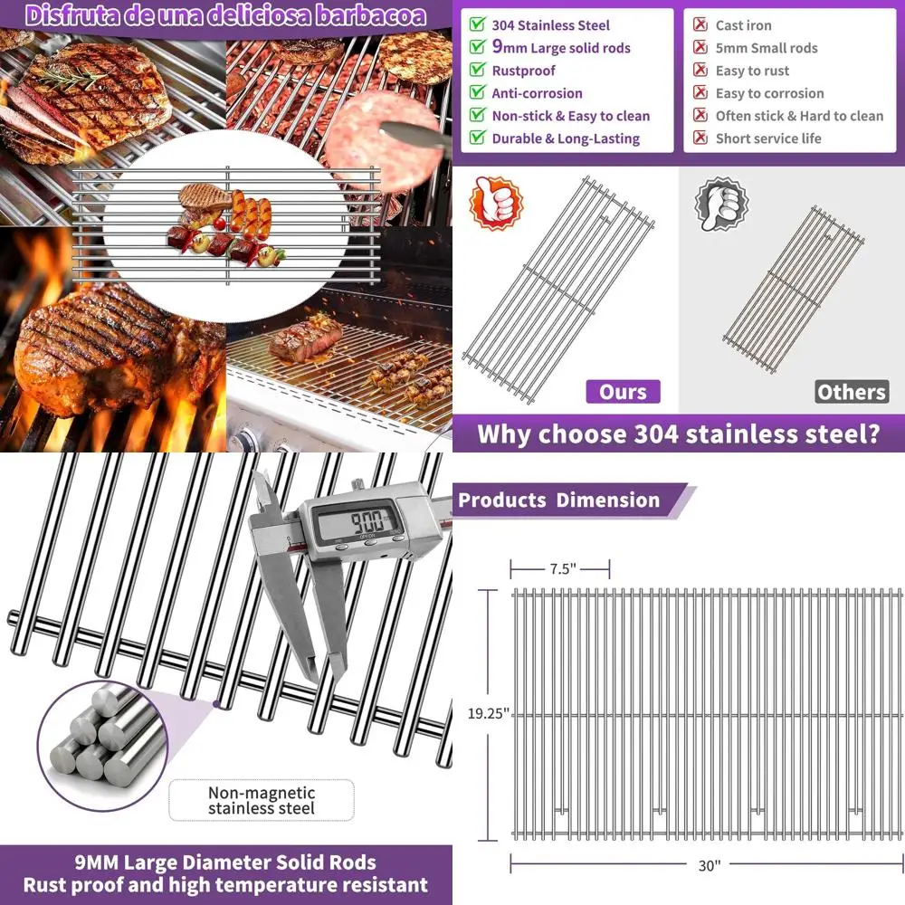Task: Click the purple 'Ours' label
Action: [x=624, y=392]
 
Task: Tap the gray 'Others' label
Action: [x=851, y=392]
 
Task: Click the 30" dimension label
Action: [x=709, y=865]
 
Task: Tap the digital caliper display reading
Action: [x=356, y=519]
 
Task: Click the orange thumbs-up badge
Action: [x=496, y=203]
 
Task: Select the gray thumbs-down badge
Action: [x=720, y=205]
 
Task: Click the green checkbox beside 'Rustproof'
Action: [x=477, y=70]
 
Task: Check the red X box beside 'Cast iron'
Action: [x=700, y=25]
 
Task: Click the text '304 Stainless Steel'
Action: [x=550, y=25]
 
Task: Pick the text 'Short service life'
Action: [x=767, y=138]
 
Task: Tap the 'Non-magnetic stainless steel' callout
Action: [x=262, y=800]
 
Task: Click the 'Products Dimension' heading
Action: [x=559, y=500]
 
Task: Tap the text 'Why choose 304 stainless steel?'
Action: [x=678, y=433]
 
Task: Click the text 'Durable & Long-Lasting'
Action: [x=566, y=138]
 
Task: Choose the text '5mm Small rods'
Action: [x=766, y=48]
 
